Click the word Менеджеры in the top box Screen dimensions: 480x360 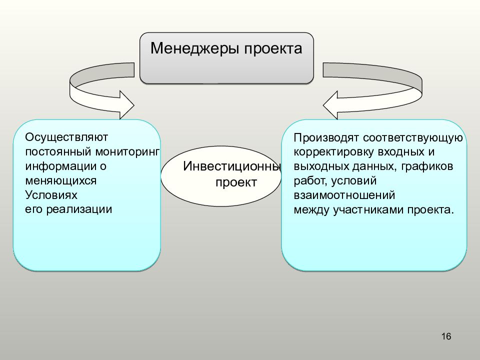tap(194, 49)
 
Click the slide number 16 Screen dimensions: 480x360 tap(446, 336)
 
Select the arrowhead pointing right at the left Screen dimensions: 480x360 tap(126, 105)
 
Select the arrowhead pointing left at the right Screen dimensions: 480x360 tap(330, 105)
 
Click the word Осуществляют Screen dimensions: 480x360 tap(66, 137)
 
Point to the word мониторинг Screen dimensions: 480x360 tap(127, 152)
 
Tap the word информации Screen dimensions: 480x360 tap(60, 166)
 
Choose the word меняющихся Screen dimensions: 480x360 tap(60, 181)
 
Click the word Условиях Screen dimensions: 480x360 tap(51, 195)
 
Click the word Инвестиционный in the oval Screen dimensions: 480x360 tap(232, 166)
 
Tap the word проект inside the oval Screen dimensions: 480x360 tap(236, 183)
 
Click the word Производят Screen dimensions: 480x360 tap(326, 138)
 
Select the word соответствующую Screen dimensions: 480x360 tap(413, 138)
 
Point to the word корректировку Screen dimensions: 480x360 tap(333, 152)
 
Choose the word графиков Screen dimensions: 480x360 tap(427, 167)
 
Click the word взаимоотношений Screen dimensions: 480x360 tap(344, 195)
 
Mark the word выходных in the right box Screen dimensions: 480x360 tap(321, 166)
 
